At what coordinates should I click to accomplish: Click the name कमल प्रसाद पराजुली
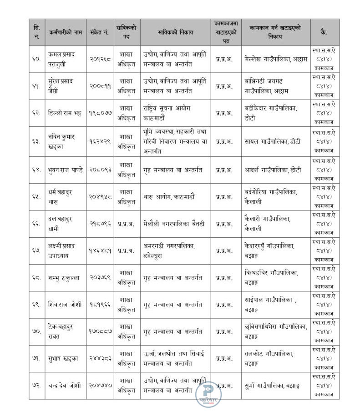click(x=61, y=59)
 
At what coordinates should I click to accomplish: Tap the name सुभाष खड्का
click(x=62, y=358)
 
